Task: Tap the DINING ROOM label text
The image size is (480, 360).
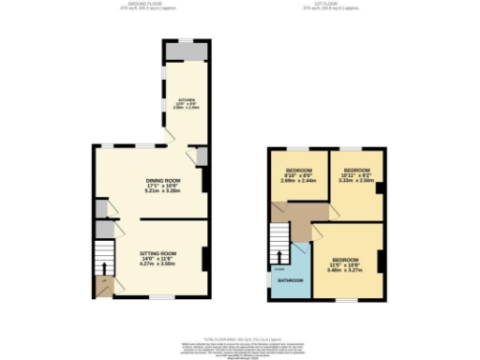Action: [162, 180]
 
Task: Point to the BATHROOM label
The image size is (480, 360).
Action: [290, 280]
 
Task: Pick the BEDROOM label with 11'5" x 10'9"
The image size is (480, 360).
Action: [346, 258]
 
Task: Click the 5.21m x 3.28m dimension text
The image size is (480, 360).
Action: [162, 191]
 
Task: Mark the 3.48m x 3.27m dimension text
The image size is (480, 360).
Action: [346, 269]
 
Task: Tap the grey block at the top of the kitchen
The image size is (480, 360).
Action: [185, 52]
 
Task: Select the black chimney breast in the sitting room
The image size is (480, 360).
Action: [205, 256]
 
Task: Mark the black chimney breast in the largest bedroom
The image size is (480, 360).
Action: [381, 260]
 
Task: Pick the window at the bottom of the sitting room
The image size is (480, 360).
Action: [161, 298]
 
